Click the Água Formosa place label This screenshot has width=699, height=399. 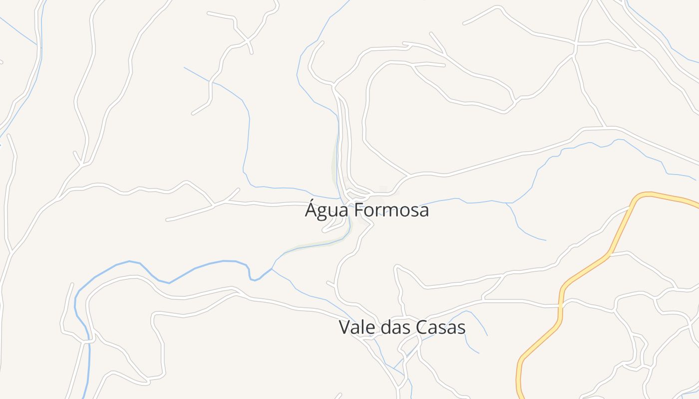click(367, 210)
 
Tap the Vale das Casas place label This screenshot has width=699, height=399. click(402, 328)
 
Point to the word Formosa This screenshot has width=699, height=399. click(392, 210)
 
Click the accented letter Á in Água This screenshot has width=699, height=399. click(312, 209)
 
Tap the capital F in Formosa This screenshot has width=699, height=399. click(359, 210)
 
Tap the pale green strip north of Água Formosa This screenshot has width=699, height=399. click(336, 165)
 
